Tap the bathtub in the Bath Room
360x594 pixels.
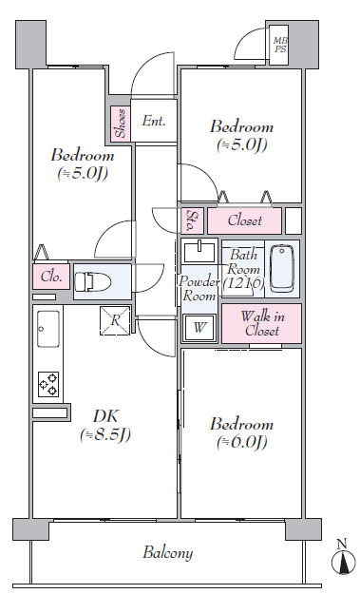click(282, 269)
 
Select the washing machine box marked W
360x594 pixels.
click(199, 327)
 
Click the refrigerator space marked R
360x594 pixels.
click(115, 320)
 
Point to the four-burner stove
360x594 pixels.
click(48, 384)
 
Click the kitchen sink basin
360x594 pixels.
click(48, 329)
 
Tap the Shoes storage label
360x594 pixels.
click(121, 124)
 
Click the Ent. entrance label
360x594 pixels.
click(154, 121)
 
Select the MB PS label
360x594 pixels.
click(280, 45)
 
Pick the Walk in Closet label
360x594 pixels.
click(262, 323)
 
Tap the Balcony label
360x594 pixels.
click(168, 552)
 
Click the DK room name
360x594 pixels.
click(105, 416)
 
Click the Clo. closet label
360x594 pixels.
click(51, 277)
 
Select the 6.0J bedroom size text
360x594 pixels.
click(242, 442)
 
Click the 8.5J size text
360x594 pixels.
click(105, 434)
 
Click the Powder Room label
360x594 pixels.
click(199, 288)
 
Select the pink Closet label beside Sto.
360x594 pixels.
click(244, 220)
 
